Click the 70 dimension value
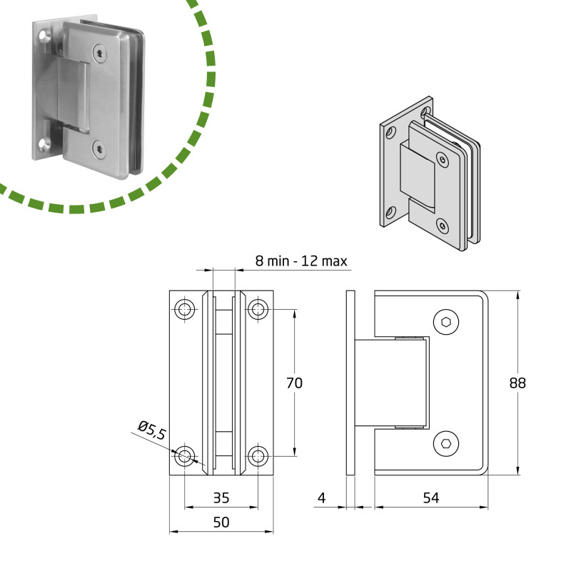[294, 383]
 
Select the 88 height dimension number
[517, 383]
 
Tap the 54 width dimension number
[431, 497]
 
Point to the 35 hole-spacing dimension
[221, 497]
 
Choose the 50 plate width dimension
[221, 522]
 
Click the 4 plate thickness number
[322, 497]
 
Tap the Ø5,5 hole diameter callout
[152, 430]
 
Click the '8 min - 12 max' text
[301, 261]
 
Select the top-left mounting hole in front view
[185, 310]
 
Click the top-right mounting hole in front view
[258, 310]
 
